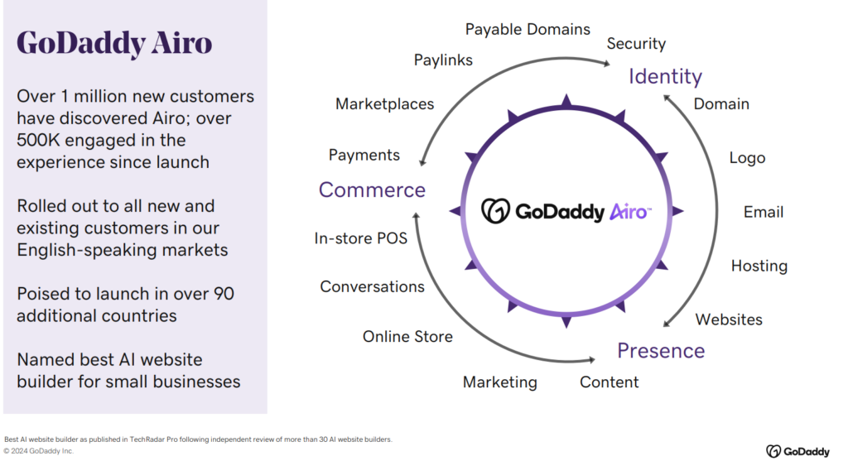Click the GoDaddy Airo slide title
coord(114,43)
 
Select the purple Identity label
coord(665,77)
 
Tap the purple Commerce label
coord(372,190)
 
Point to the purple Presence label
coord(661,351)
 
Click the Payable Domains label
coord(528,29)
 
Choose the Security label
coord(636,44)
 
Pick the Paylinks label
coord(444,60)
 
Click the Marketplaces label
coord(384,103)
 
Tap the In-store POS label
coord(361,238)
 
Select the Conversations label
coord(372,286)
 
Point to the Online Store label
coord(407,337)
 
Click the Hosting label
coord(759,266)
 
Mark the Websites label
coord(729,319)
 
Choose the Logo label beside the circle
coord(748,158)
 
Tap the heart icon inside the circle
coord(495,211)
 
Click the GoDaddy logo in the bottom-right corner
coord(797,451)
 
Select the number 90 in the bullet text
coord(224,294)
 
